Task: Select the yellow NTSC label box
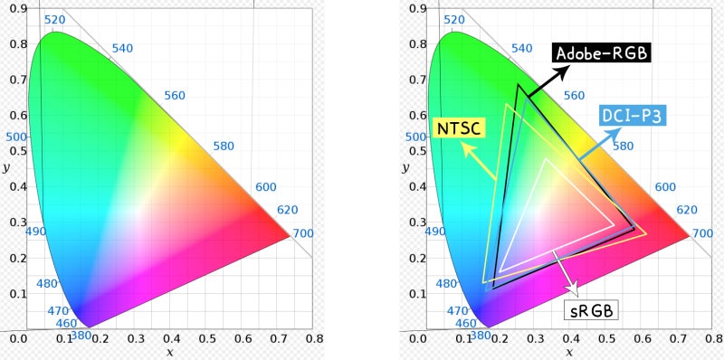click(460, 128)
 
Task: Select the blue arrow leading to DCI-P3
click(592, 147)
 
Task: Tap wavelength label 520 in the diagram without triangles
click(54, 20)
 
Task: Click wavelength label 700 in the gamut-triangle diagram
click(702, 233)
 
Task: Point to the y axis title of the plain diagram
click(7, 168)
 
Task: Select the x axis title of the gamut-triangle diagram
click(569, 351)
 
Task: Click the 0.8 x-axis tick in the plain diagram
click(314, 339)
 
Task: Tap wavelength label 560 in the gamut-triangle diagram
click(574, 96)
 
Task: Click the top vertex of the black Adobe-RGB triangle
click(519, 85)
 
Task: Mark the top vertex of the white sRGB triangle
click(546, 159)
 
